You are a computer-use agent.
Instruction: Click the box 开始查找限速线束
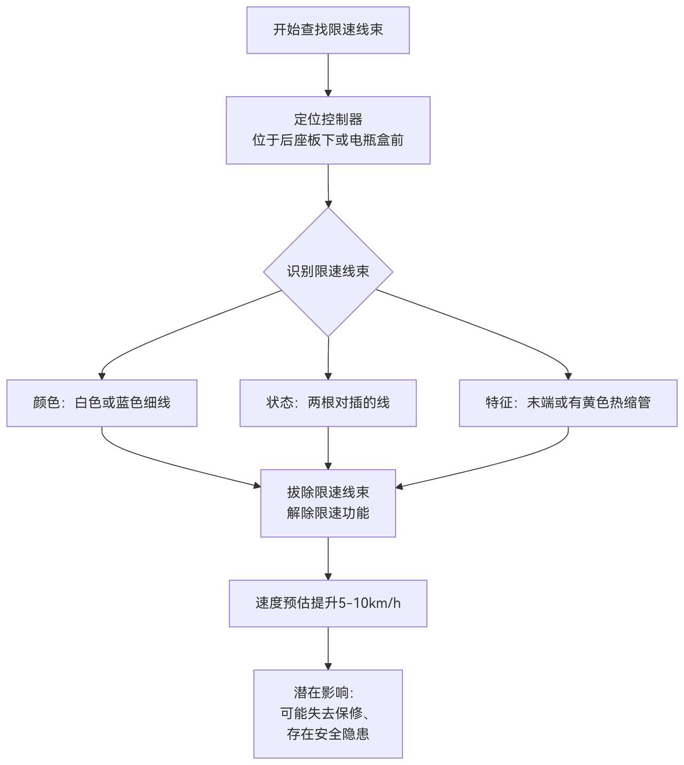coord(328,30)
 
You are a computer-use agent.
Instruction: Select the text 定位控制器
coord(328,119)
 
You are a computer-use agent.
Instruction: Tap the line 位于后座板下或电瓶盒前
coord(328,140)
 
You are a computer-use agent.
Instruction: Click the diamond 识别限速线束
coord(328,272)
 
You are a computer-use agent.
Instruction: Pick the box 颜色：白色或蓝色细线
coord(102,403)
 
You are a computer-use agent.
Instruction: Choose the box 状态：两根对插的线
coord(328,403)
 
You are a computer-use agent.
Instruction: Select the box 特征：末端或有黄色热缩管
coord(568,403)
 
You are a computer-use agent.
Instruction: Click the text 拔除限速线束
coord(328,492)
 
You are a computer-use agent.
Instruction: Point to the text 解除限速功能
coord(328,513)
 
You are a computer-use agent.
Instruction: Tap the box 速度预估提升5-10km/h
coord(328,603)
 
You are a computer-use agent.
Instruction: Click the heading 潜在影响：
coord(324,693)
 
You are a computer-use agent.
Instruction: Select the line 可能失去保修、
coord(328,713)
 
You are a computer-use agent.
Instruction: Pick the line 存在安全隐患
coord(328,734)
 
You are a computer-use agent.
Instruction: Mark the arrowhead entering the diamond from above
coord(328,204)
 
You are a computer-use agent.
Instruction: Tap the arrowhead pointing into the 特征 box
coord(568,376)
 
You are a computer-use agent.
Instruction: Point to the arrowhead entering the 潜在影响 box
coord(328,666)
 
